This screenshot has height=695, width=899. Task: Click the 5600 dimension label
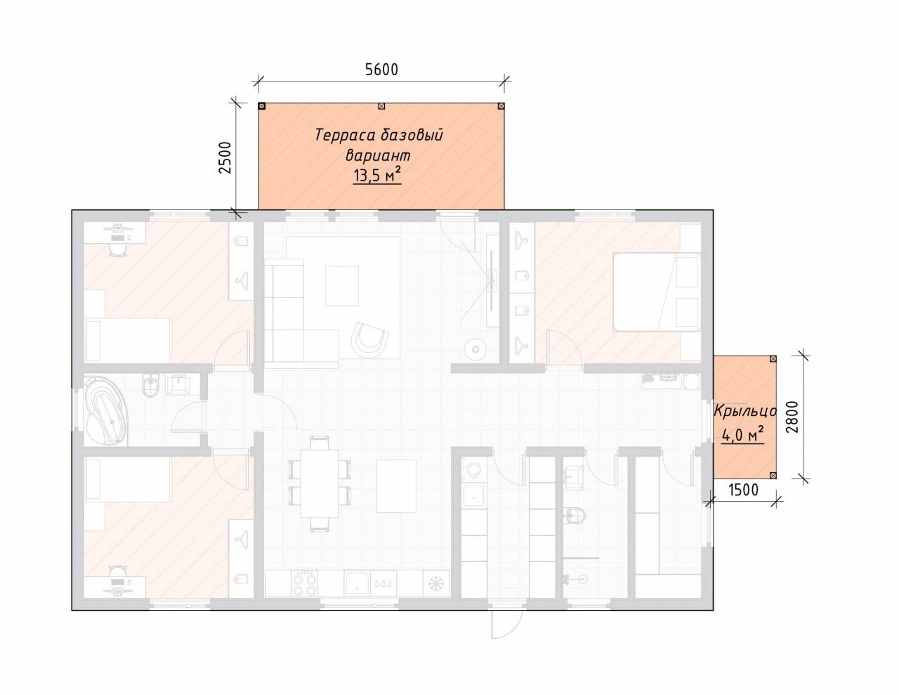tap(381, 70)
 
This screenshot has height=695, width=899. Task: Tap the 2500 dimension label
tap(225, 157)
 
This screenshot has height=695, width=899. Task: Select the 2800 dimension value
tap(792, 417)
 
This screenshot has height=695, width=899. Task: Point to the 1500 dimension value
tap(744, 490)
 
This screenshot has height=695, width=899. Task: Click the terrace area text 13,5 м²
tap(377, 175)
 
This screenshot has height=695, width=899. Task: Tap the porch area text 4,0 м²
tap(743, 436)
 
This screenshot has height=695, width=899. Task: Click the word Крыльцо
tap(745, 412)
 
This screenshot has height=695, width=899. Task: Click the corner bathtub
tap(106, 410)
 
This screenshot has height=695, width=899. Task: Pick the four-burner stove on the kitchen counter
tap(305, 584)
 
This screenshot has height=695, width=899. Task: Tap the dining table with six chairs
tap(320, 483)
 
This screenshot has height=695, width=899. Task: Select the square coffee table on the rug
tap(342, 285)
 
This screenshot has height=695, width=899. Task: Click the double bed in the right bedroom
tap(657, 292)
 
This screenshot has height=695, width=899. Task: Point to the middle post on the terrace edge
tap(381, 106)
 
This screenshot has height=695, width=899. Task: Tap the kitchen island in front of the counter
tap(396, 486)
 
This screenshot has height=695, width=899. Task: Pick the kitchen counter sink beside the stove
tap(357, 584)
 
